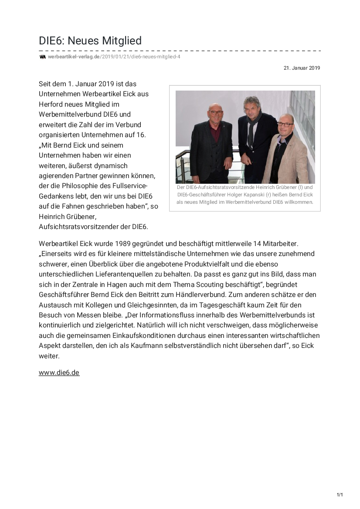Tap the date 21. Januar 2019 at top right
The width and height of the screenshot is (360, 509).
pos(302,68)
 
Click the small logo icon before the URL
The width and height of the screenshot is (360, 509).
pos(42,57)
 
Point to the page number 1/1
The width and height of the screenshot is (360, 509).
pos(340,495)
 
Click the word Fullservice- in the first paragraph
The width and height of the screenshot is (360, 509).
pos(129,185)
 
